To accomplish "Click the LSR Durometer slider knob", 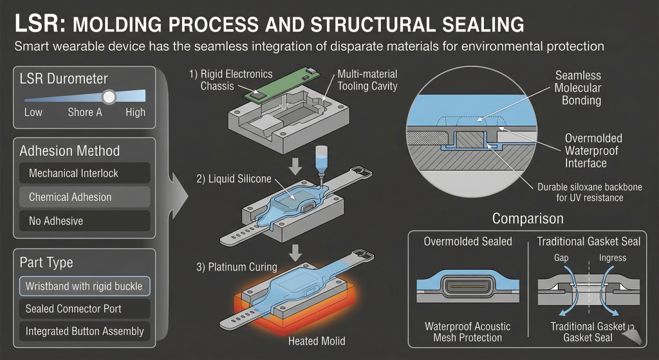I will [109, 97].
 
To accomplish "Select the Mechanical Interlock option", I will [84, 173].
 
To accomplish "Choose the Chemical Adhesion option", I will [84, 197].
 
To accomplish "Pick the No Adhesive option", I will [84, 221].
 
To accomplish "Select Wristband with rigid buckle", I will [84, 285].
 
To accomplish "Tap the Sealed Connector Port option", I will [84, 308].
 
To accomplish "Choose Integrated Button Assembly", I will [84, 332].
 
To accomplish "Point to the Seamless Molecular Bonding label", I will [578, 88].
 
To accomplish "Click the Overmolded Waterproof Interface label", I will [586, 151].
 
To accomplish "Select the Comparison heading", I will [527, 218].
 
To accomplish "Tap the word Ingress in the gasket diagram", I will [613, 258].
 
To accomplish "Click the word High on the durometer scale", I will [136, 113].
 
